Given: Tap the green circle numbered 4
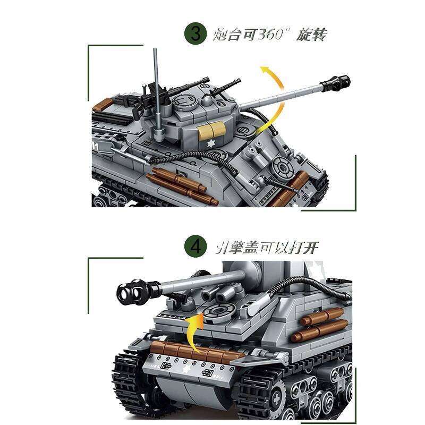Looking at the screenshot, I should pyautogui.click(x=195, y=248).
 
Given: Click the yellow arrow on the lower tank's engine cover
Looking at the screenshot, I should pyautogui.click(x=195, y=326).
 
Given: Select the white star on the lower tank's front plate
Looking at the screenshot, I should pyautogui.click(x=186, y=370).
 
